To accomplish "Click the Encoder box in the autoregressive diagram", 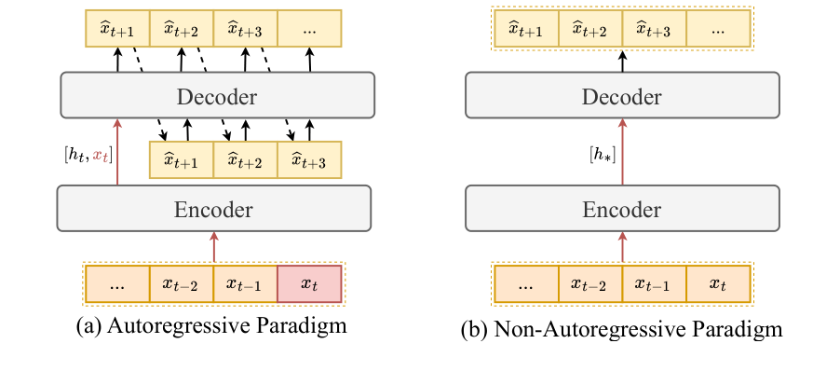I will tap(214, 208).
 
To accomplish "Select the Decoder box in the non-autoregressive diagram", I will tap(623, 96).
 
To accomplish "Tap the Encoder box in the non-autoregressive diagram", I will tap(623, 208).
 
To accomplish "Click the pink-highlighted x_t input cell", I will tap(310, 284).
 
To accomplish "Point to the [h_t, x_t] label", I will tap(82, 149).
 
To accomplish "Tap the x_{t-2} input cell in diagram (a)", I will tap(182, 284).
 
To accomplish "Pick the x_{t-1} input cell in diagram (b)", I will tap(655, 284).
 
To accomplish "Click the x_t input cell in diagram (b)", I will tap(718, 284).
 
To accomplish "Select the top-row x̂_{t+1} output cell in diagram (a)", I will tap(117, 29).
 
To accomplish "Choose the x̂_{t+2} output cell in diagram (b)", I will tap(590, 29).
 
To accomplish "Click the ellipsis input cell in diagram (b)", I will tap(526, 284).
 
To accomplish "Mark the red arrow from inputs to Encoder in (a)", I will tap(214, 247).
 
